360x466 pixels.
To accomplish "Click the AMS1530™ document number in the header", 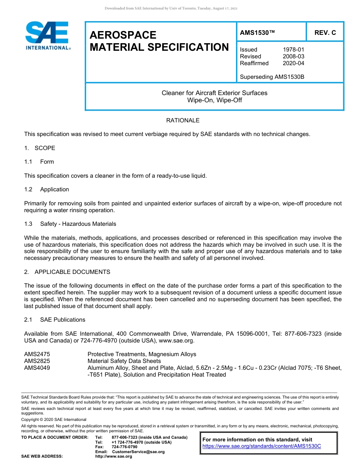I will click(257, 33).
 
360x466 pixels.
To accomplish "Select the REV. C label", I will click(325, 33).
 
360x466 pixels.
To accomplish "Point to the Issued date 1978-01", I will click(293, 50).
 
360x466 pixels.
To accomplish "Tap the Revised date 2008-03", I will click(293, 56).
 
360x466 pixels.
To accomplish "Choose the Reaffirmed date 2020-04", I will click(293, 63).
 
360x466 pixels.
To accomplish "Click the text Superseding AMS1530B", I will click(272, 77).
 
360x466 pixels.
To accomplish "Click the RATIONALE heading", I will click(183, 120).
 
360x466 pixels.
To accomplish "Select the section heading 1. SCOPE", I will click(40, 148).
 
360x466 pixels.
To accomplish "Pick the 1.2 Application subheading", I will click(47, 189).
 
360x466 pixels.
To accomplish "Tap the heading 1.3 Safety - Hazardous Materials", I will click(70, 224).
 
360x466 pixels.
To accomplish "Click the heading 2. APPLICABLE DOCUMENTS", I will click(67, 272).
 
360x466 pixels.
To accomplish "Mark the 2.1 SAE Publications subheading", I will click(55, 320).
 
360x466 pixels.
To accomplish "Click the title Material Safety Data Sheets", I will click(124, 361).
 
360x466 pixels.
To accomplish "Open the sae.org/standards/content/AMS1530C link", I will click(261, 446).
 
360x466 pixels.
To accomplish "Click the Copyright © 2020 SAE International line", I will click(54, 419).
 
